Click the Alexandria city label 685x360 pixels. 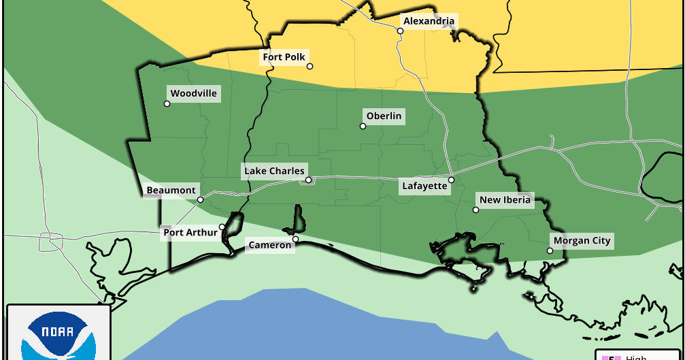[x=428, y=21]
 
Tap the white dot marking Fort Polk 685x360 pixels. [x=310, y=66]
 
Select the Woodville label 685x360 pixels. [x=193, y=93]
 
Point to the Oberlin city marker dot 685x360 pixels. [x=363, y=126]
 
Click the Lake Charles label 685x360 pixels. [x=274, y=171]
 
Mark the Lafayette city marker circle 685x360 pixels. [x=451, y=180]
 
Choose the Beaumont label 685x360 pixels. [x=171, y=191]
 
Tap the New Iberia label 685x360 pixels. [x=504, y=200]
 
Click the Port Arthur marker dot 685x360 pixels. [x=222, y=227]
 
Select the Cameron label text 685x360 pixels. [x=269, y=245]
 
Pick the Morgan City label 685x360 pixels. [x=582, y=241]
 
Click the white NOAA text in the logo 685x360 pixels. [x=57, y=333]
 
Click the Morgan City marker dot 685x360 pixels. [x=550, y=250]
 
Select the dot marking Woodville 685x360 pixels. [x=167, y=103]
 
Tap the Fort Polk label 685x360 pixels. [x=284, y=57]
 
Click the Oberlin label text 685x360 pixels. [x=384, y=116]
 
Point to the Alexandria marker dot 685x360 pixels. [x=400, y=31]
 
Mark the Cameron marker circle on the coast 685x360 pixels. [x=295, y=239]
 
